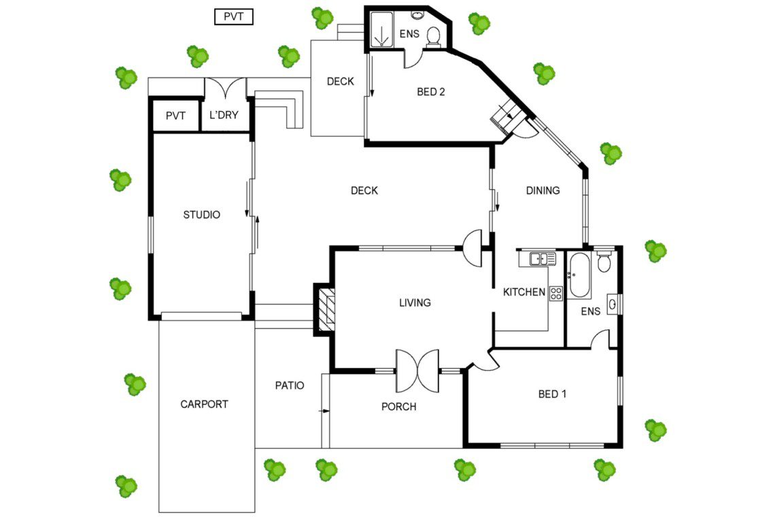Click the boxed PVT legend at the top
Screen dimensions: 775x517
(x=234, y=17)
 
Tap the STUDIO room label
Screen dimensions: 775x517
(x=202, y=215)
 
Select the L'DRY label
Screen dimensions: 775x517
(x=224, y=115)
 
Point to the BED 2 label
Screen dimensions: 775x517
(x=431, y=92)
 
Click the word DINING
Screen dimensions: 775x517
(x=542, y=190)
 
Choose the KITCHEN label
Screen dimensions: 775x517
(x=524, y=292)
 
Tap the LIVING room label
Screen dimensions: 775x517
(x=415, y=302)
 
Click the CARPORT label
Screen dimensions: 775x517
(x=204, y=404)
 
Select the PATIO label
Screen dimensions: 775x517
(x=290, y=386)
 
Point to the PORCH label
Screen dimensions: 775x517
(x=399, y=407)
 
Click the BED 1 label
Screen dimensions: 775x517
(x=552, y=394)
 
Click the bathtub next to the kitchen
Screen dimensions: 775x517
(x=579, y=275)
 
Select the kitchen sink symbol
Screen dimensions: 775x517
(x=542, y=258)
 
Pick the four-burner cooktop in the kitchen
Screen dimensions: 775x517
(x=556, y=293)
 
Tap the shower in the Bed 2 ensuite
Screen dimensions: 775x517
(x=381, y=30)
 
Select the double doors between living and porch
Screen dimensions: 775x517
(x=417, y=371)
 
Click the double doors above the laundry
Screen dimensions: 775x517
(x=226, y=88)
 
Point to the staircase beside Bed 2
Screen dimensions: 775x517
(x=506, y=115)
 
